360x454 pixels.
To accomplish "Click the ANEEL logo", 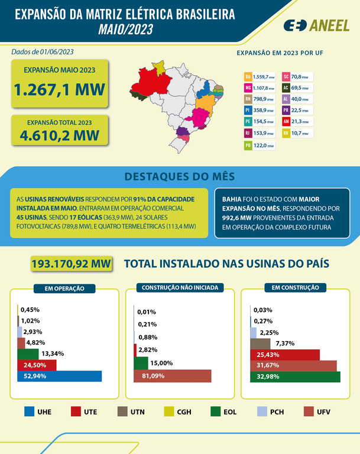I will click(316, 25).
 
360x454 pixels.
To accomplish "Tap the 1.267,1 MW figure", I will click(59, 90).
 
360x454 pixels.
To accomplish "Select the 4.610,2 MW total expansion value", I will click(59, 135).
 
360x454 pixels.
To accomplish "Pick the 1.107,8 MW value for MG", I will click(264, 88).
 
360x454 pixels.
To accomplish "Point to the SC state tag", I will click(286, 77).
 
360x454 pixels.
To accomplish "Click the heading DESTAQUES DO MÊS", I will click(179, 176).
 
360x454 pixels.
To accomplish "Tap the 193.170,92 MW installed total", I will click(71, 263).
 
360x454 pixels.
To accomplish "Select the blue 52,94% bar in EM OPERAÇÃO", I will click(59, 376).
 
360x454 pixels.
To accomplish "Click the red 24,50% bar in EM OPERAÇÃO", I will click(37, 365).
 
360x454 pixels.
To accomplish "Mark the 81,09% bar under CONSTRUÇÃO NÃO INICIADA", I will click(172, 375).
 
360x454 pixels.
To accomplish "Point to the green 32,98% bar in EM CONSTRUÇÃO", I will click(296, 377).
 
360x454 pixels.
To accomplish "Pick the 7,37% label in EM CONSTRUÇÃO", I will click(285, 343).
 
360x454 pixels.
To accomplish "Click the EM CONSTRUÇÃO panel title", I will click(295, 288).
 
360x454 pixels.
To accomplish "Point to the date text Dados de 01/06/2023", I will click(43, 51).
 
